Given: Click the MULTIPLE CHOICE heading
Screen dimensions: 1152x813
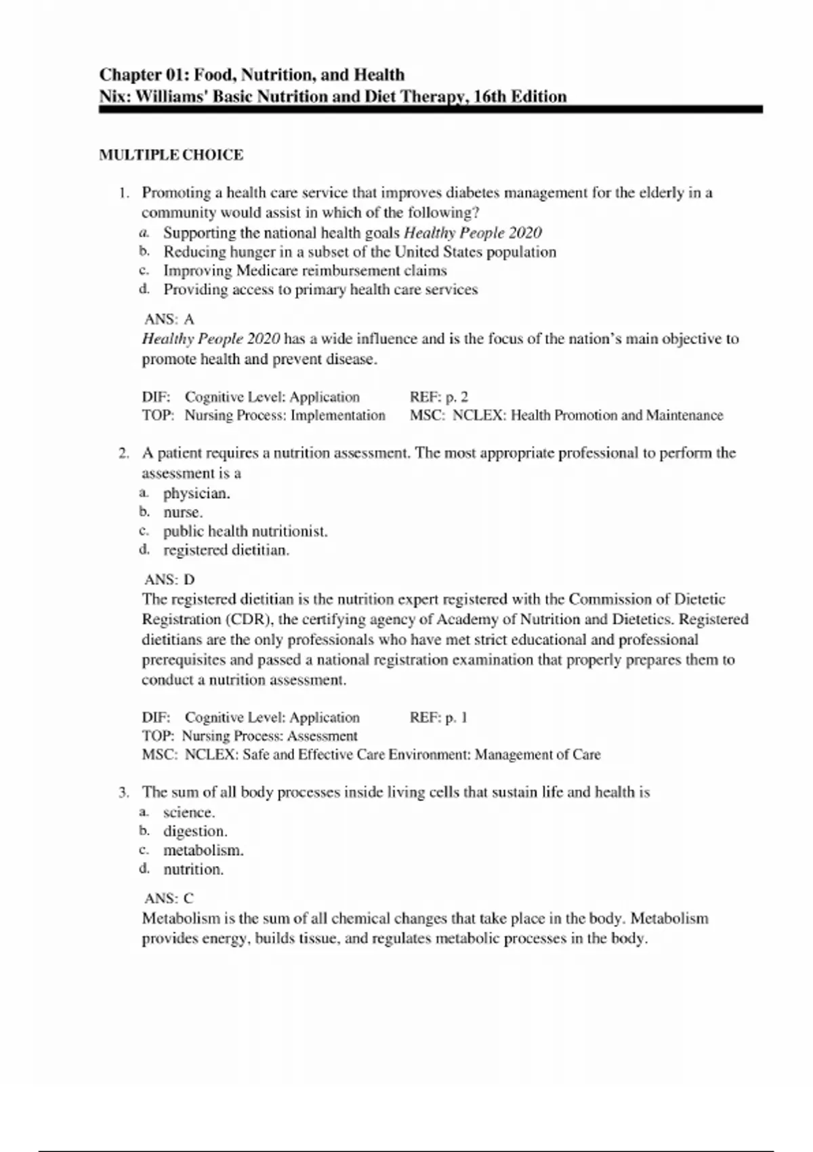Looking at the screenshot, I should [x=171, y=155].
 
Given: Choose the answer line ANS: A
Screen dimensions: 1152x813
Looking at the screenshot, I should [x=169, y=319].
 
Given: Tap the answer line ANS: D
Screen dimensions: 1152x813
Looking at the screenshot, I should [x=169, y=579].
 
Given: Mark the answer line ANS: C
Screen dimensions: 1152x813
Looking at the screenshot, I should [x=169, y=899].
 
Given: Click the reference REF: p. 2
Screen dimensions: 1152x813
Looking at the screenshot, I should [x=438, y=397].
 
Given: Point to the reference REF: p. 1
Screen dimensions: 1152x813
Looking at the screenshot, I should [x=438, y=718].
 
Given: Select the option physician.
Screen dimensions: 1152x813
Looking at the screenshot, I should [x=196, y=493].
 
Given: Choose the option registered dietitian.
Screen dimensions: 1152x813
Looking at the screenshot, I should [x=226, y=550].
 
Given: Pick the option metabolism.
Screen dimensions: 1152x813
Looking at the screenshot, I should [x=203, y=850].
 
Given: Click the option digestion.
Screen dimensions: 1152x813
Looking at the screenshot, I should [x=195, y=831].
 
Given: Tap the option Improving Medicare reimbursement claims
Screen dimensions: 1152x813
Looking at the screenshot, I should [x=305, y=271].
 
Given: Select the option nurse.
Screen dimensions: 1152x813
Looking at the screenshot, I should [x=183, y=512].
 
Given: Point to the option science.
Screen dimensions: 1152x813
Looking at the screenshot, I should [x=188, y=812].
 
